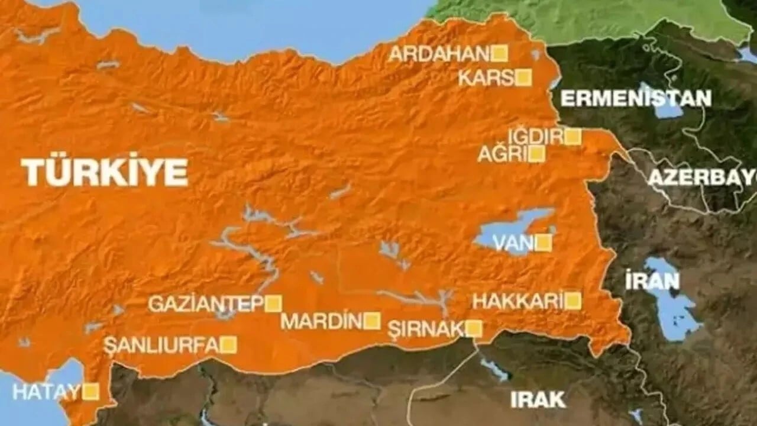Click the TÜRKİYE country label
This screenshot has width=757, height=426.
(105, 173)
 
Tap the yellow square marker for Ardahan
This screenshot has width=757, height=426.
(500, 54)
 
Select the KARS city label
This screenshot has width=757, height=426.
(486, 78)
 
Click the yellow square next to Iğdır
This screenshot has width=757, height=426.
(572, 137)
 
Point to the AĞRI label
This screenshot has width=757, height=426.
(502, 155)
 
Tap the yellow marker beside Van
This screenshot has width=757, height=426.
(544, 243)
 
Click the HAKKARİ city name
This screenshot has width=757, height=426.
(517, 302)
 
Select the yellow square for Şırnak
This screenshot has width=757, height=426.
(474, 329)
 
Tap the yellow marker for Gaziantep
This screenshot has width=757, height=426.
(273, 304)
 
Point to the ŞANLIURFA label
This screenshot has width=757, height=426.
(161, 346)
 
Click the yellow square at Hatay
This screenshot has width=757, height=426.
(90, 392)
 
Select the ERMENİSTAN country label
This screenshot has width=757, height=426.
(636, 98)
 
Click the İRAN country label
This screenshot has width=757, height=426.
(652, 282)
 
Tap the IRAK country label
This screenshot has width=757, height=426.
(538, 399)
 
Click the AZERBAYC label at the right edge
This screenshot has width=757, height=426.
(702, 177)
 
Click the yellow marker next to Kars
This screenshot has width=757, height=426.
(523, 78)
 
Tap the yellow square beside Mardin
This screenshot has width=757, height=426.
(371, 321)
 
